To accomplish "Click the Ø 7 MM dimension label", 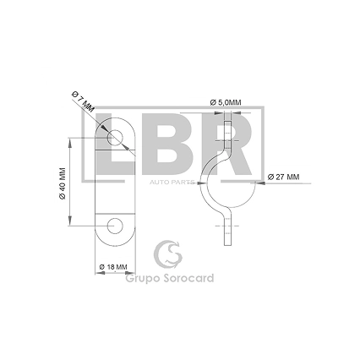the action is point(84,101).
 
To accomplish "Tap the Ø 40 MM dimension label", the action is point(63,183).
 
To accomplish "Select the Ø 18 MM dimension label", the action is point(113,267).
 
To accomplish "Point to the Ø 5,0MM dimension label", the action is point(226,103).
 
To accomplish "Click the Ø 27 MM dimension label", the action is point(283,177).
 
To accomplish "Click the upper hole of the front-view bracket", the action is point(115,138).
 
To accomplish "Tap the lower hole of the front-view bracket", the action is point(115,226).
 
